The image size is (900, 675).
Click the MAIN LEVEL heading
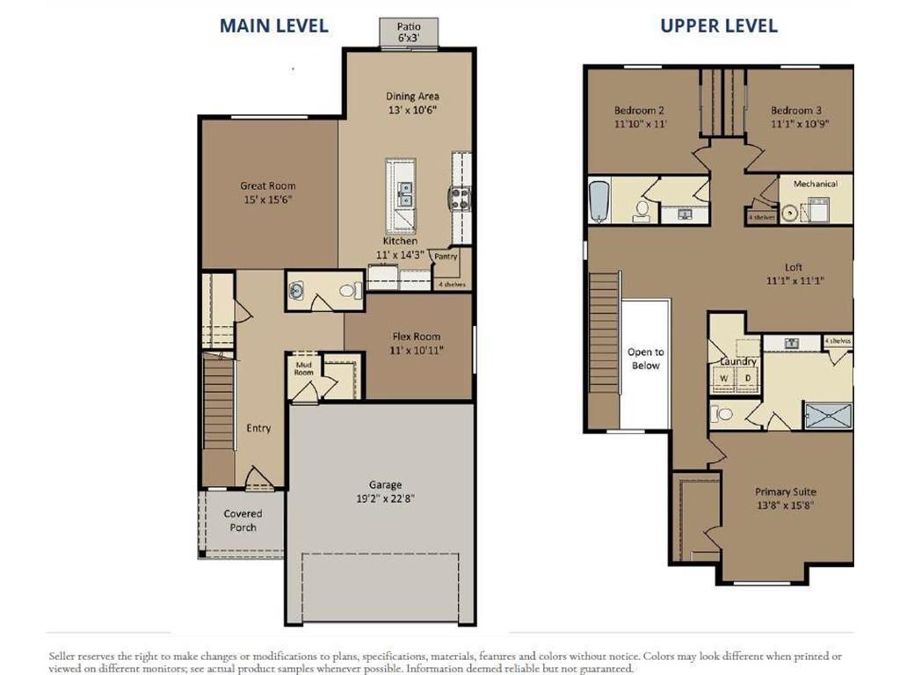273,25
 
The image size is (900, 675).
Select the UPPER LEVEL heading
718,25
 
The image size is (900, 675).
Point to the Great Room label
268,186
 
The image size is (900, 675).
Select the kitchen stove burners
460,199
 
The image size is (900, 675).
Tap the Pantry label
446,257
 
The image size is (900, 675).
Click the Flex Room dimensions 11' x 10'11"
416,350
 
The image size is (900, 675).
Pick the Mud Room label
303,367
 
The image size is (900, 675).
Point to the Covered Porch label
243,520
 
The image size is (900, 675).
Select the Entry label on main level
258,428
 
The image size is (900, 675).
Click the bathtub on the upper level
599,200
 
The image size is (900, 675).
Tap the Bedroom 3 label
796,111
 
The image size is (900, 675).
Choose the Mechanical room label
815,184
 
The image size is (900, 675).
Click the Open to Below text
645,359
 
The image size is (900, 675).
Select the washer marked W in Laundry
724,379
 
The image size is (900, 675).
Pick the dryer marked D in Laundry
748,379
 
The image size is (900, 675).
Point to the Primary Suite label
785,492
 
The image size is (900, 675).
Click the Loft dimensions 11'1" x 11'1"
793,280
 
